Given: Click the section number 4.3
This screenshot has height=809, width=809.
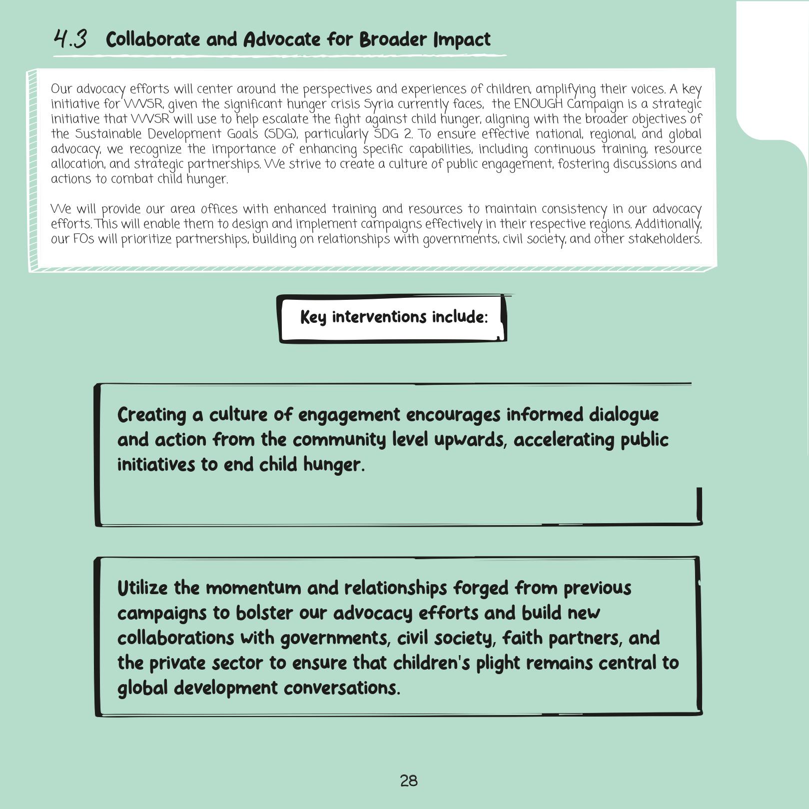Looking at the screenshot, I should [70, 39].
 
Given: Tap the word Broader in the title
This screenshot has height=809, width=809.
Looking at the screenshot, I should [393, 39].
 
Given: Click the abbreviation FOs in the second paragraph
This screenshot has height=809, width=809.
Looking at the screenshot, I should [83, 239].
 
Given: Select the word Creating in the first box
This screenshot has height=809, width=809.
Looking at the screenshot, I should [151, 415].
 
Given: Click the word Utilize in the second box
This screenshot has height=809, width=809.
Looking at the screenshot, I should [142, 588].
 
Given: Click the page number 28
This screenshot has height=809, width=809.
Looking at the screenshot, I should [409, 781].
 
